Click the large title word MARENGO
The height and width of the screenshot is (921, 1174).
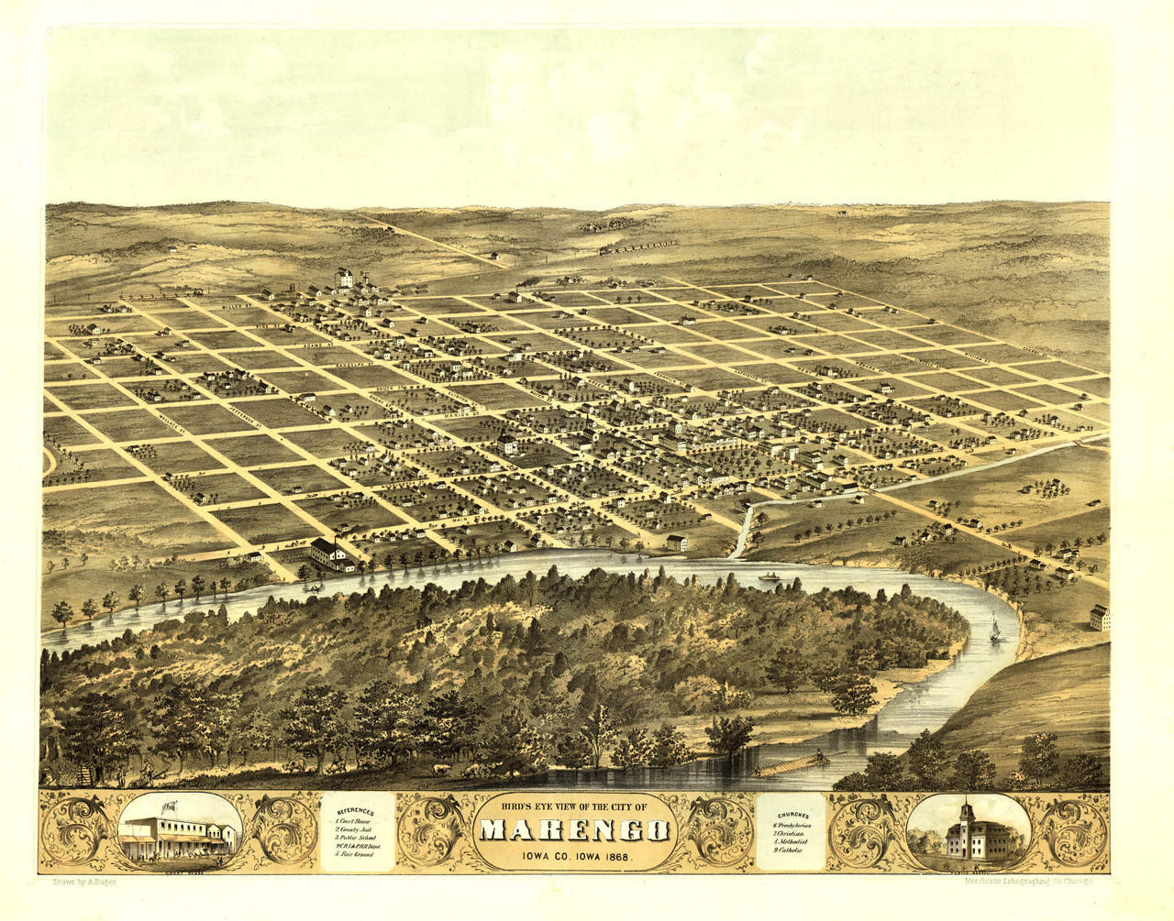(574, 830)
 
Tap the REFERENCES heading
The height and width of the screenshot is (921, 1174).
(356, 812)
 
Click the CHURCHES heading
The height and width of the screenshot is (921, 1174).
(792, 815)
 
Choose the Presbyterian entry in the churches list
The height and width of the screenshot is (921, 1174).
(792, 825)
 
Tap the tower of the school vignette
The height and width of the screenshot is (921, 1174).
(966, 814)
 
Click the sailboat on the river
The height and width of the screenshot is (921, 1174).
(995, 630)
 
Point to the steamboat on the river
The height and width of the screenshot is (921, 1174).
(769, 577)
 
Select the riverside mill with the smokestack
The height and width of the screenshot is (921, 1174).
(328, 553)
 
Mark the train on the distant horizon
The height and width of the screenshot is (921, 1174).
(638, 246)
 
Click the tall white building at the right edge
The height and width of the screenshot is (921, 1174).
(1099, 618)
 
